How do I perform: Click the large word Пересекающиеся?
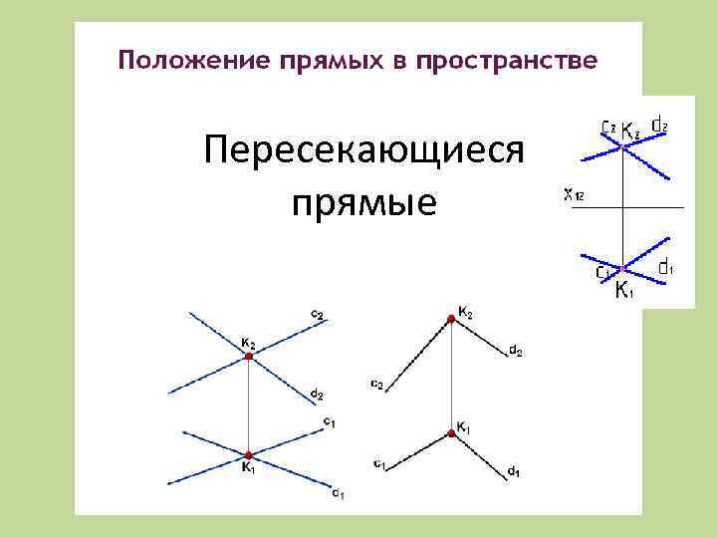point(362,153)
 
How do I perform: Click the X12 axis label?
point(574,195)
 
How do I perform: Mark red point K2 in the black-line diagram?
point(452,318)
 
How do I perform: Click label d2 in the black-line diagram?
point(516,351)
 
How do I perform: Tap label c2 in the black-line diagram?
point(376,384)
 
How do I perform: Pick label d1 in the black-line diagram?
point(512,470)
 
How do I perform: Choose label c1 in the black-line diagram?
point(379,463)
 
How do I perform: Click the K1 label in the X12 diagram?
point(622,290)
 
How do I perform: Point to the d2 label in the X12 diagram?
point(659,126)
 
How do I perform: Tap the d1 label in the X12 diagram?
point(667,267)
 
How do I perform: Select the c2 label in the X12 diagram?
point(607,127)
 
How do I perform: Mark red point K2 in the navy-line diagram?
point(249,362)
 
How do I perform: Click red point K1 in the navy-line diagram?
point(248,454)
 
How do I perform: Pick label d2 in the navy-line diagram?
point(317,396)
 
